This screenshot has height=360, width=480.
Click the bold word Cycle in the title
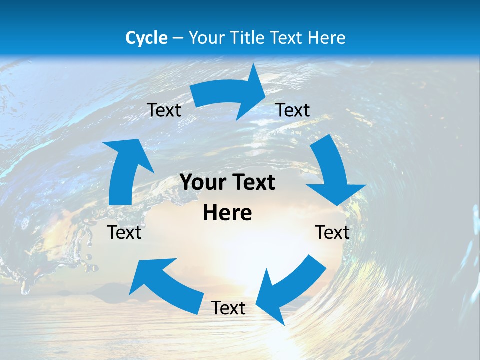(146, 38)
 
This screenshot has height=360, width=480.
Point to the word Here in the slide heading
(327, 38)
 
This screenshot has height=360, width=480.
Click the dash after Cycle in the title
(178, 38)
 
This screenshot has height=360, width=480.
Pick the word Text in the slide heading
(288, 38)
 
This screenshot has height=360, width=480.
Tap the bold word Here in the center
(227, 213)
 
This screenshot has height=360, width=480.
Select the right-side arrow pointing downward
(332, 170)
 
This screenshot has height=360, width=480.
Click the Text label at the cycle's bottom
(228, 308)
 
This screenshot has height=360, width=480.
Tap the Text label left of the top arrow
(164, 110)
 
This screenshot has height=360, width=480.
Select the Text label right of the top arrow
(293, 110)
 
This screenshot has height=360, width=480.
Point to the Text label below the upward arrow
(124, 232)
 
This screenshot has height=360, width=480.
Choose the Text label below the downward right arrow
(332, 232)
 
